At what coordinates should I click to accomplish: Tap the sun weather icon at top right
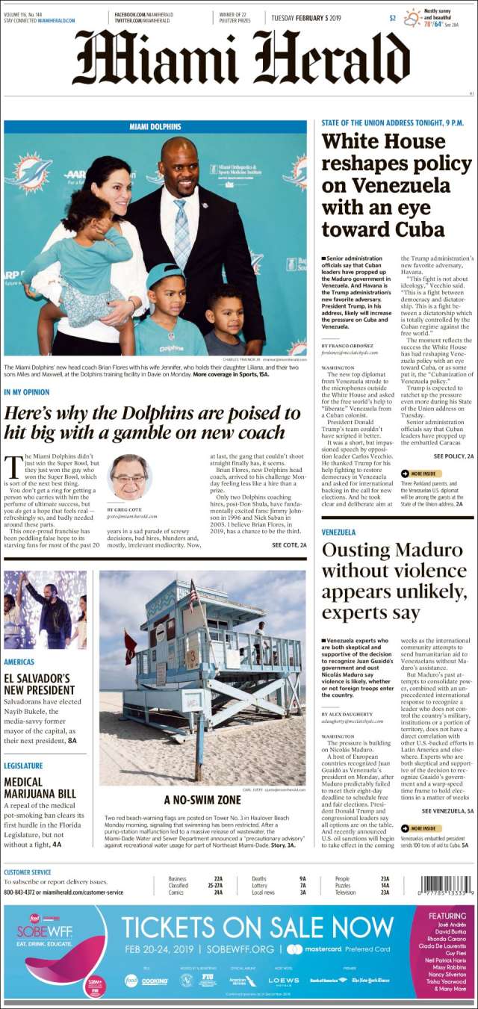413,16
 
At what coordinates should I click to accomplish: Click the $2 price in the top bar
392,18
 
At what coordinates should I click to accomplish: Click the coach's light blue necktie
181,231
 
